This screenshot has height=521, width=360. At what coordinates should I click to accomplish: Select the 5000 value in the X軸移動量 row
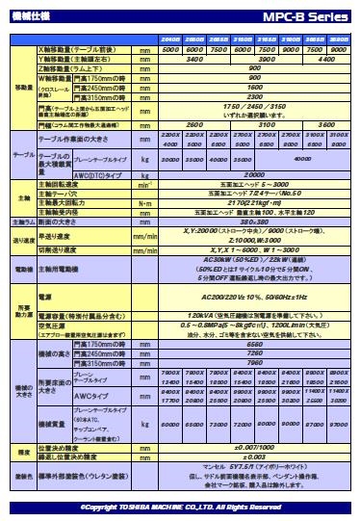coord(171,48)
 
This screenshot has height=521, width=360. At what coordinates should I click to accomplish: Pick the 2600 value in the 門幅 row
coord(193,125)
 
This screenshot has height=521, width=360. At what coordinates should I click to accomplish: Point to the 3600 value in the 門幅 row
coord(326,125)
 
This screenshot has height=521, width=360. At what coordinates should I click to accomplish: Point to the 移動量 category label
coord(23,87)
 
